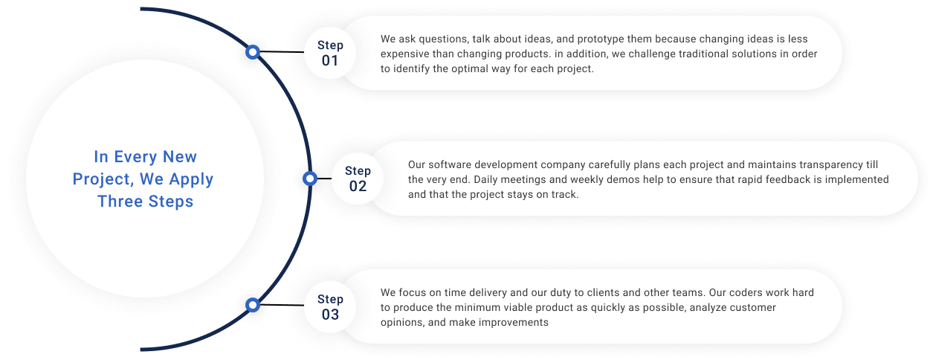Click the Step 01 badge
click(330, 53)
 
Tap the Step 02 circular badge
click(358, 179)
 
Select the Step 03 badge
click(330, 306)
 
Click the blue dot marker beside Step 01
click(253, 52)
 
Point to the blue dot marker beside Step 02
click(311, 179)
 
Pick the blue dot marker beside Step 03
click(253, 304)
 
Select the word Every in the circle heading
click(140, 157)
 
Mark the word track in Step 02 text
click(563, 194)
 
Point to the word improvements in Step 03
click(510, 322)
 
